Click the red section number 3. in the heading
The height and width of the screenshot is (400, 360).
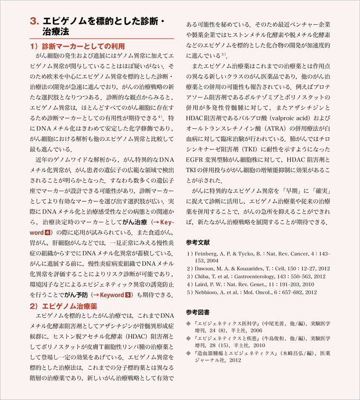[x=34, y=22]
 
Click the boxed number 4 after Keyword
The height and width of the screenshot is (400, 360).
[x=48, y=233]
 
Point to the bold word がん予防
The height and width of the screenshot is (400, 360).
[x=76, y=295]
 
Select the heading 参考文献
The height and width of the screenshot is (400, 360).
[x=198, y=242]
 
